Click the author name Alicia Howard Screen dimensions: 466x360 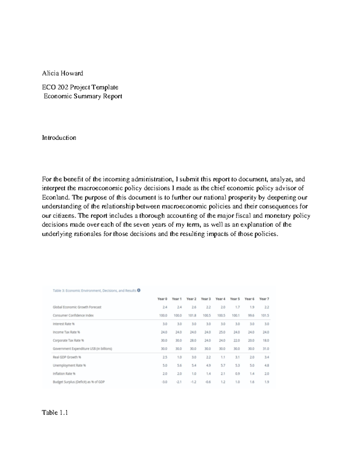click(x=62, y=73)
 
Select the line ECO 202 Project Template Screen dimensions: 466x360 click(x=80, y=87)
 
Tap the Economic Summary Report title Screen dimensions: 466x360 click(x=83, y=96)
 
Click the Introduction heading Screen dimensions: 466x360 click(x=59, y=138)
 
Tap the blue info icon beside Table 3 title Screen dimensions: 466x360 click(x=139, y=290)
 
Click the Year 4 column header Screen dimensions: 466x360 click(x=220, y=299)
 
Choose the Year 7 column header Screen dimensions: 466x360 click(x=264, y=299)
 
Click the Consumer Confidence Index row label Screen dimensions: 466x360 click(x=73, y=315)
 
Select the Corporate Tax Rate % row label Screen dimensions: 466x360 click(x=68, y=341)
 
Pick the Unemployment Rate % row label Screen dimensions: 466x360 click(x=69, y=365)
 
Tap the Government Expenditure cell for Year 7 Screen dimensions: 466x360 click(x=266, y=349)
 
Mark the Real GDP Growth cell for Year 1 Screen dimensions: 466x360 click(x=179, y=357)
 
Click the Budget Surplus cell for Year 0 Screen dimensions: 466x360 click(x=164, y=382)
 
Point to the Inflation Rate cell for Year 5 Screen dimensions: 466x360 click(x=237, y=374)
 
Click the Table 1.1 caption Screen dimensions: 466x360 click(x=55, y=413)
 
